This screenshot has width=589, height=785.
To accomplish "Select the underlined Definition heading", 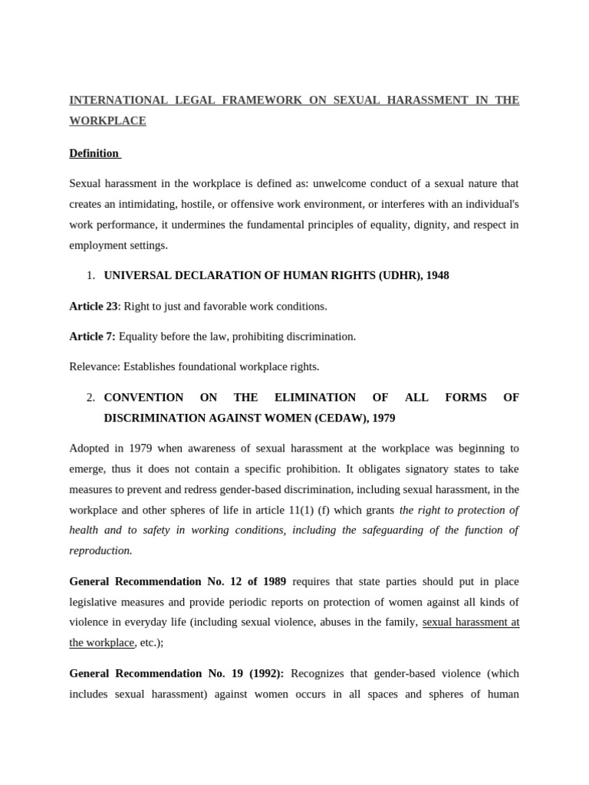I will click(94, 153).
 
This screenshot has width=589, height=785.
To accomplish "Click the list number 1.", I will click(90, 275).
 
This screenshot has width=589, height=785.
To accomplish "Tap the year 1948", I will click(436, 275).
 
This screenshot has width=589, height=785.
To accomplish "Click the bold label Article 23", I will click(94, 306).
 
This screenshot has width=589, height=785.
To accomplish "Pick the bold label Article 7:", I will click(92, 337).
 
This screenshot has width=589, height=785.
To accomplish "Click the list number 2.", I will click(90, 398).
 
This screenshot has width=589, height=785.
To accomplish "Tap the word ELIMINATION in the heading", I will click(314, 398).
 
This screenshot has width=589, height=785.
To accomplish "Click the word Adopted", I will click(89, 448).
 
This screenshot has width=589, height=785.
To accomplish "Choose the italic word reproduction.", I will click(100, 550).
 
